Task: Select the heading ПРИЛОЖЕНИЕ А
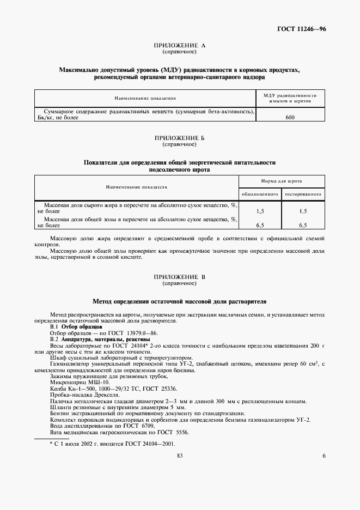(x=179, y=46)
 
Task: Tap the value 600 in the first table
(x=290, y=117)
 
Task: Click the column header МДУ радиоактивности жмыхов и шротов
(x=290, y=98)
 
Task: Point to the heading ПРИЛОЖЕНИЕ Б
(x=179, y=139)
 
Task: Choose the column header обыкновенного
(x=259, y=193)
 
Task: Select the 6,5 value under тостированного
(x=303, y=224)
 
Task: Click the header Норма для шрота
(x=281, y=180)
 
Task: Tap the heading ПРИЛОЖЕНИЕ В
(x=179, y=277)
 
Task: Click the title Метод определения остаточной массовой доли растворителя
(x=179, y=301)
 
